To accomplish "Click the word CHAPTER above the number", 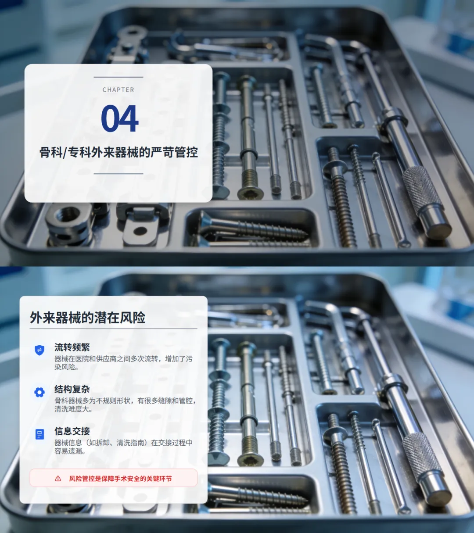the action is [118, 89].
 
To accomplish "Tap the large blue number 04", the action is [119, 118].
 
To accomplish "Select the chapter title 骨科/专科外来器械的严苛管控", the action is [118, 152].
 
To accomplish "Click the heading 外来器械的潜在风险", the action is [87, 317].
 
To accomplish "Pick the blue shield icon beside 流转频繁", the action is [39, 350].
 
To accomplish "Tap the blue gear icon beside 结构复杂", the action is [39, 392].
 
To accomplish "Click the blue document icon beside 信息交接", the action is [39, 434].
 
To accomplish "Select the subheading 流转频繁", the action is [72, 347].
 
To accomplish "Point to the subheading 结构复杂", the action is [72, 389].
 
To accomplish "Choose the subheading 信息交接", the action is [72, 431].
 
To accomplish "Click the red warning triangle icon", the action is [58, 479].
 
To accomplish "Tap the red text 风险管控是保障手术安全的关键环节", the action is [120, 479].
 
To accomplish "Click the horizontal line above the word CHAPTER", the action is [118, 77].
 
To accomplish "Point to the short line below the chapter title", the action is [118, 174].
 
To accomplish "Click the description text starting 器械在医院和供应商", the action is [123, 363].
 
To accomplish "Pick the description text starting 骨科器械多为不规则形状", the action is [125, 405].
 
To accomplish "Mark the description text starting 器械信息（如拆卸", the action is [123, 447].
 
